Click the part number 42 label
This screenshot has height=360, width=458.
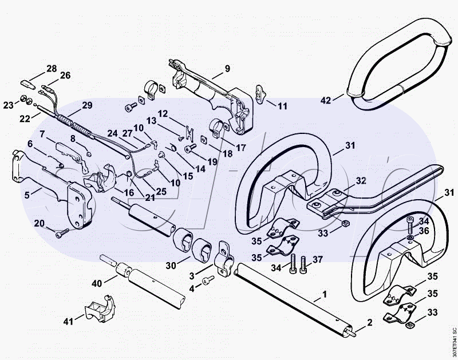[326, 101]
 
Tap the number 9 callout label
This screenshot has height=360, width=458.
[227, 69]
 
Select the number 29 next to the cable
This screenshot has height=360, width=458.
[87, 105]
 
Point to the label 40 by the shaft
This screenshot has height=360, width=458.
[97, 283]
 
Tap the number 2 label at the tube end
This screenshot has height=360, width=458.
[370, 323]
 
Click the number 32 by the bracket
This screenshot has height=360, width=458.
[361, 180]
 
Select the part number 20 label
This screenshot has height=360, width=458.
[40, 223]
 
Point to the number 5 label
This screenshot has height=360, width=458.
[27, 195]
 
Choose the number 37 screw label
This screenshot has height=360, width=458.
[317, 260]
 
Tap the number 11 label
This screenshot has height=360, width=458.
[282, 106]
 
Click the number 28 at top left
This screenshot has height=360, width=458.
[52, 69]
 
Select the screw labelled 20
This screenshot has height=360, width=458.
[61, 232]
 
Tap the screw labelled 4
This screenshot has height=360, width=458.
[208, 279]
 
